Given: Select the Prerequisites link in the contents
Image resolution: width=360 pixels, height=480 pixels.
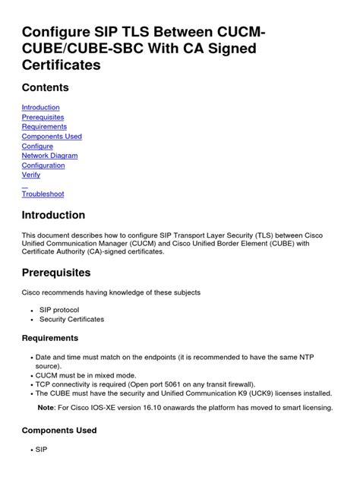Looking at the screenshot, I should tap(43, 118).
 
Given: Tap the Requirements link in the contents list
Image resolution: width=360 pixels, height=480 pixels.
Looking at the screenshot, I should tap(43, 127).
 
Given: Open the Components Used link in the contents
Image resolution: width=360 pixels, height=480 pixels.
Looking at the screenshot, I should tap(52, 137).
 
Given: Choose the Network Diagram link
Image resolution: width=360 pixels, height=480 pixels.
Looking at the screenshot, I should tap(49, 156).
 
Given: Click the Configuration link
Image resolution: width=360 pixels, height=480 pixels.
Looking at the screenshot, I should tap(43, 166).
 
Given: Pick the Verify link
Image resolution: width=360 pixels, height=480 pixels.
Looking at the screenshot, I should tap(31, 175).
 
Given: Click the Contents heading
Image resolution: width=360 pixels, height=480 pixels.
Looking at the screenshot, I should tap(46, 87).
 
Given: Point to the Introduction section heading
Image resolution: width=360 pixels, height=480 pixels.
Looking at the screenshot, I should tap(53, 215).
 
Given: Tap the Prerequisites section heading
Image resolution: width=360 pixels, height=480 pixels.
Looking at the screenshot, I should tap(56, 272).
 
